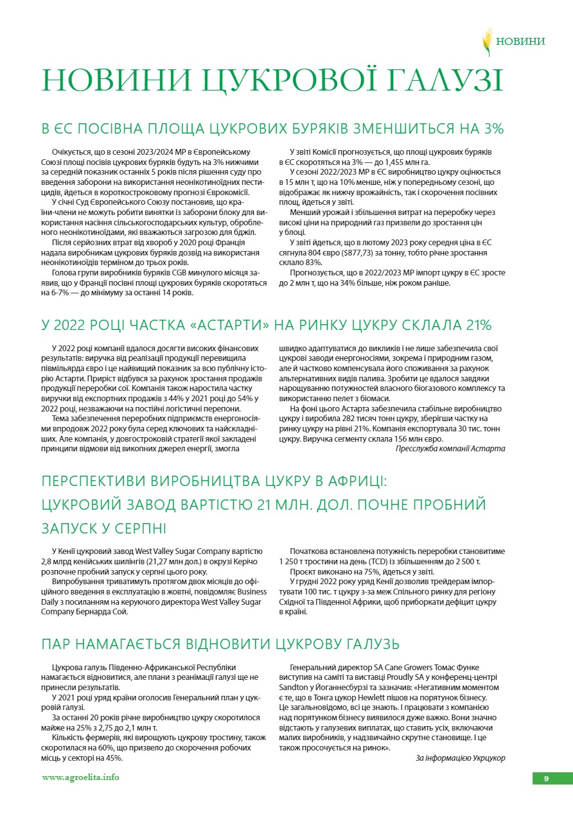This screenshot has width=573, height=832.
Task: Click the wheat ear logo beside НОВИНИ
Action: click(487, 42)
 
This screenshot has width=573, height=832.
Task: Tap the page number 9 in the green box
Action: click(546, 778)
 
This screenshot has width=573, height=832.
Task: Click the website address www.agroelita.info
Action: click(80, 777)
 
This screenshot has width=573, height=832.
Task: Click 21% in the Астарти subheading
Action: click(477, 324)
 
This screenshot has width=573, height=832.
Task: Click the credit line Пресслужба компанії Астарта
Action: click(450, 449)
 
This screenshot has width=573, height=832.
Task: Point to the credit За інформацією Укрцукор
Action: click(460, 758)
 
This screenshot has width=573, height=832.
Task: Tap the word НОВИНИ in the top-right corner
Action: click(521, 42)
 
